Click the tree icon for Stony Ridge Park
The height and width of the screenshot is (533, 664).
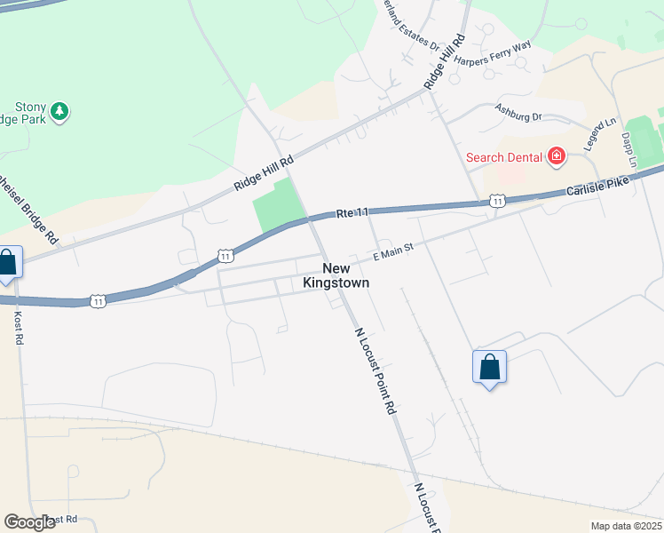click(x=59, y=111)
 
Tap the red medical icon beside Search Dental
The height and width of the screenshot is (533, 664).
click(x=557, y=157)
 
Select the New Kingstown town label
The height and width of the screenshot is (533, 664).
click(x=345, y=274)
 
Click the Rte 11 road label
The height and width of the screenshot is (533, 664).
click(x=352, y=213)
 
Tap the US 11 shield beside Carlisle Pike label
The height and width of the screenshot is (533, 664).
click(x=497, y=202)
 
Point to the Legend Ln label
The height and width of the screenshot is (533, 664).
click(x=598, y=134)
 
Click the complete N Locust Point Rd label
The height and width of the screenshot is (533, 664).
click(x=375, y=371)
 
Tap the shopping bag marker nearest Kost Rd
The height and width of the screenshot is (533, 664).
click(x=7, y=264)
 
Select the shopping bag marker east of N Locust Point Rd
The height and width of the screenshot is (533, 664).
click(x=489, y=366)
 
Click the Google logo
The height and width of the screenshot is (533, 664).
click(x=30, y=522)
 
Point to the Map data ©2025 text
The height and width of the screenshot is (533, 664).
click(x=625, y=526)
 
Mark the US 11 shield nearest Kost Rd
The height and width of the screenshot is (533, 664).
click(x=98, y=301)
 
